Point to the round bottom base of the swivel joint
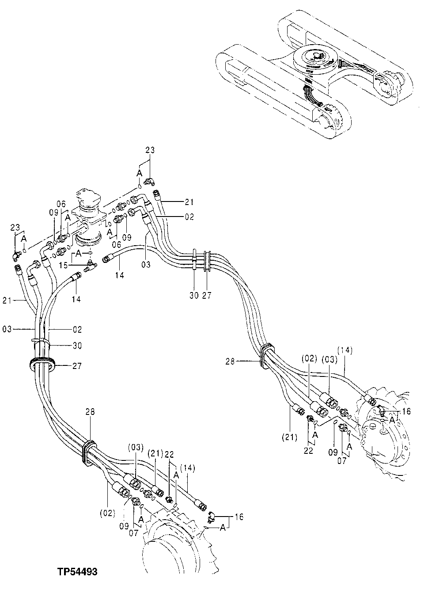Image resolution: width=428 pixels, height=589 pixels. (89, 239)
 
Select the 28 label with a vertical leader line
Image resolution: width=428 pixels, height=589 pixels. (90, 412)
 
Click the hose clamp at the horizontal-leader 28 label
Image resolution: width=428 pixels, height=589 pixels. (264, 356)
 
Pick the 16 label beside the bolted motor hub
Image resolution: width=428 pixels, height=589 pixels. (406, 411)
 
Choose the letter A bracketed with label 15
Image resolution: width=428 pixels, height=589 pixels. (78, 254)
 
